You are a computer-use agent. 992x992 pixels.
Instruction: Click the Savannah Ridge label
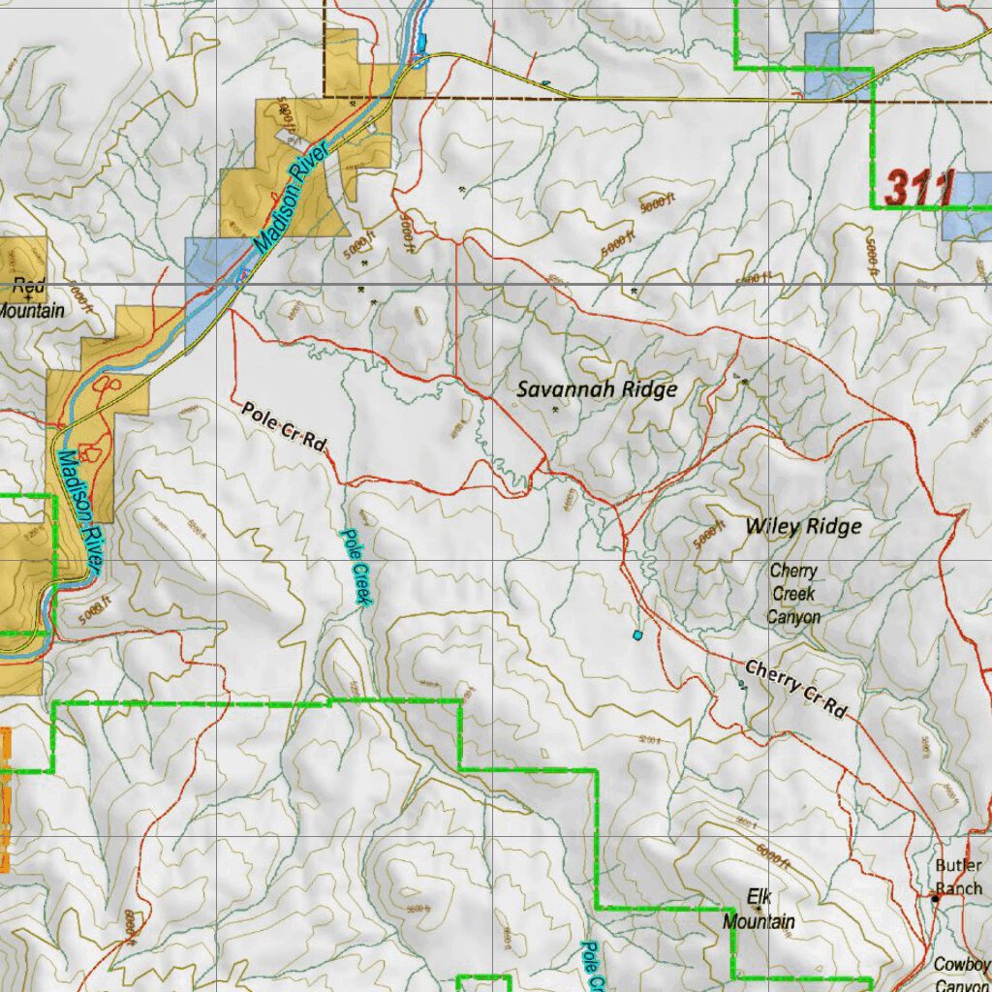(x=596, y=389)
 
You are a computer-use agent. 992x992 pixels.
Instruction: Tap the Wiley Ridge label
(x=803, y=526)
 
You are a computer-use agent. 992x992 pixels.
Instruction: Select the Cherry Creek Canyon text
(x=793, y=594)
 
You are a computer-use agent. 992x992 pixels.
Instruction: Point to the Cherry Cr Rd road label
(x=796, y=689)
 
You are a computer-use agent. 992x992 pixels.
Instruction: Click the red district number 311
(x=919, y=188)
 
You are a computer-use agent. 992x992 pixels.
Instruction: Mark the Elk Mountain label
(x=759, y=909)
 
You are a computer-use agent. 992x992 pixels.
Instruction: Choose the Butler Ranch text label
(x=958, y=877)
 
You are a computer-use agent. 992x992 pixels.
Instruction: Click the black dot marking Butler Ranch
(x=935, y=899)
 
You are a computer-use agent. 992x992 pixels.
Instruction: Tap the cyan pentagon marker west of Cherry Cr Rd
(x=636, y=635)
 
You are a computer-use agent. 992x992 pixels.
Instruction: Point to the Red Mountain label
(x=29, y=298)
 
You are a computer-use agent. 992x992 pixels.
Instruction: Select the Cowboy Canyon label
(x=961, y=974)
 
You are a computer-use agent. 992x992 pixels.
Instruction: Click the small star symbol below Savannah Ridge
(x=555, y=410)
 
